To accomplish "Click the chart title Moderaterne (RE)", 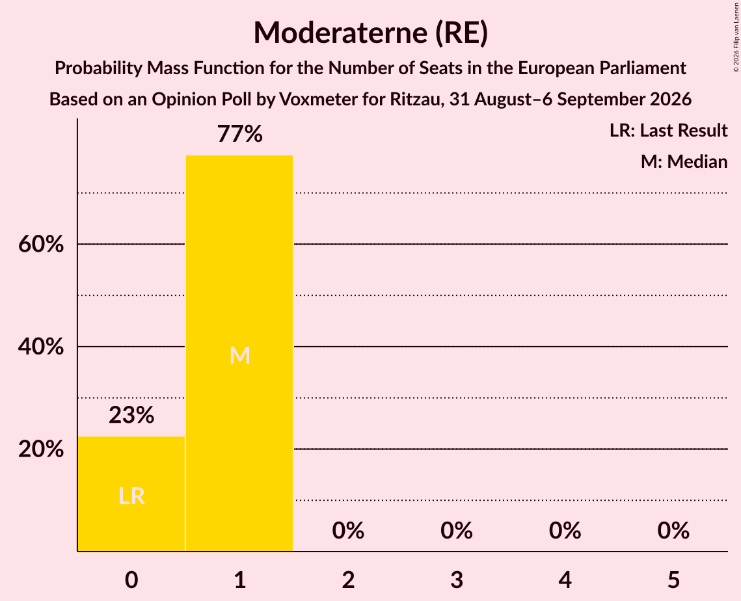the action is [371, 33].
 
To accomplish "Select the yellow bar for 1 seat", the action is [239, 353].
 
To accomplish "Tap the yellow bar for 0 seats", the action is [131, 494].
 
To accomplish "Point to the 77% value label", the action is [239, 134].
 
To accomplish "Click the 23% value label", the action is [131, 416].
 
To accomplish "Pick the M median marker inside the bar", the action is [239, 355].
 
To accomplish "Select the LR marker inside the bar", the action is [131, 496].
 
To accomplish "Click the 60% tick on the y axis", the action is [41, 245].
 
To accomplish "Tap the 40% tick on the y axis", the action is [41, 347].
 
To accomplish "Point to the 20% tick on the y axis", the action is [41, 449].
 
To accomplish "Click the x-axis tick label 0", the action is [131, 580].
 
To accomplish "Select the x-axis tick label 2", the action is [348, 580].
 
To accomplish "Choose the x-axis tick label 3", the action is [457, 580].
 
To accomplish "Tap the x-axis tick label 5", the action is [673, 580].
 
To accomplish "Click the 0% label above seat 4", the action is [565, 531].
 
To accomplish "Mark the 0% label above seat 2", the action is [348, 531].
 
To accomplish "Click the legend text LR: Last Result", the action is [668, 130].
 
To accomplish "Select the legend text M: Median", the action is [684, 161].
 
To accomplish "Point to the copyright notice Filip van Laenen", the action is [736, 37].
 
